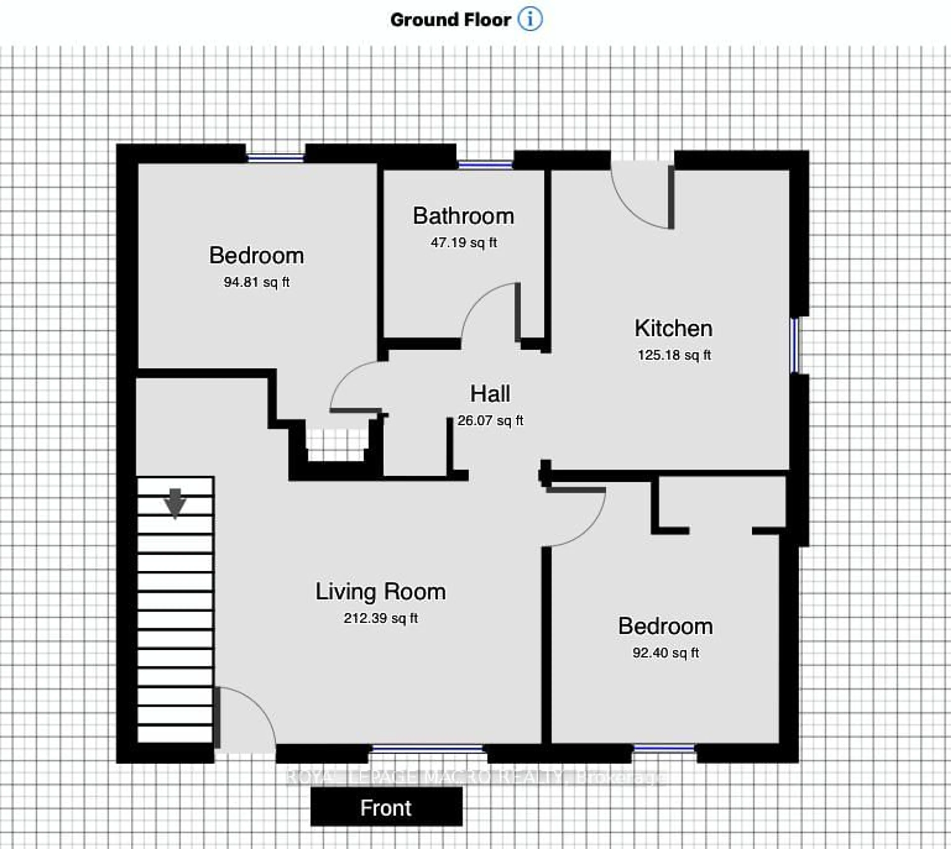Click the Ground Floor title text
[x=450, y=20]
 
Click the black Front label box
[x=386, y=807]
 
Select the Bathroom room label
[x=463, y=216]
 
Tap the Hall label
[x=490, y=394]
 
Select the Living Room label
[x=380, y=591]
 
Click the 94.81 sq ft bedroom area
[x=256, y=282]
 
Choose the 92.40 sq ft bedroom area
[x=665, y=653]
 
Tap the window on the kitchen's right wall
[x=794, y=345]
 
